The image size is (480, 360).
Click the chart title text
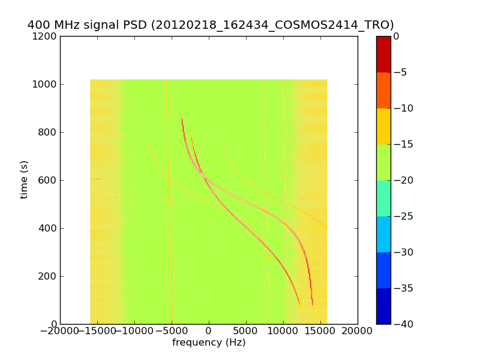pos(211,25)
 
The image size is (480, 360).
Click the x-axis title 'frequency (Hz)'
pos(209,343)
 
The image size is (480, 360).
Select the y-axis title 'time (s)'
pos(24,180)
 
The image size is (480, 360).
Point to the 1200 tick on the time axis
pos(45,37)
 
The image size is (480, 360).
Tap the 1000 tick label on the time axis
pos(45,85)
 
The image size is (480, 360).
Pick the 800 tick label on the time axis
pos(47,133)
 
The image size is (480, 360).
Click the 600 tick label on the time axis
pos(47,181)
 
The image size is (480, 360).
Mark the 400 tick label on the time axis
pos(47,229)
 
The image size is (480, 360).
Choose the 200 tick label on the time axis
pos(47,277)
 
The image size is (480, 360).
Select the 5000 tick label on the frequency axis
pos(246,331)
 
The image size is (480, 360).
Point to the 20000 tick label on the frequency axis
pos(358,331)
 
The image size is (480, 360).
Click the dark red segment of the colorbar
pos(383,54)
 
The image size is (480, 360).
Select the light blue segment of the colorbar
pos(383,234)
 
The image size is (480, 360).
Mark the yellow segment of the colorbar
pos(383,126)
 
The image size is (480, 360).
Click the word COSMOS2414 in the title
pos(311,25)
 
